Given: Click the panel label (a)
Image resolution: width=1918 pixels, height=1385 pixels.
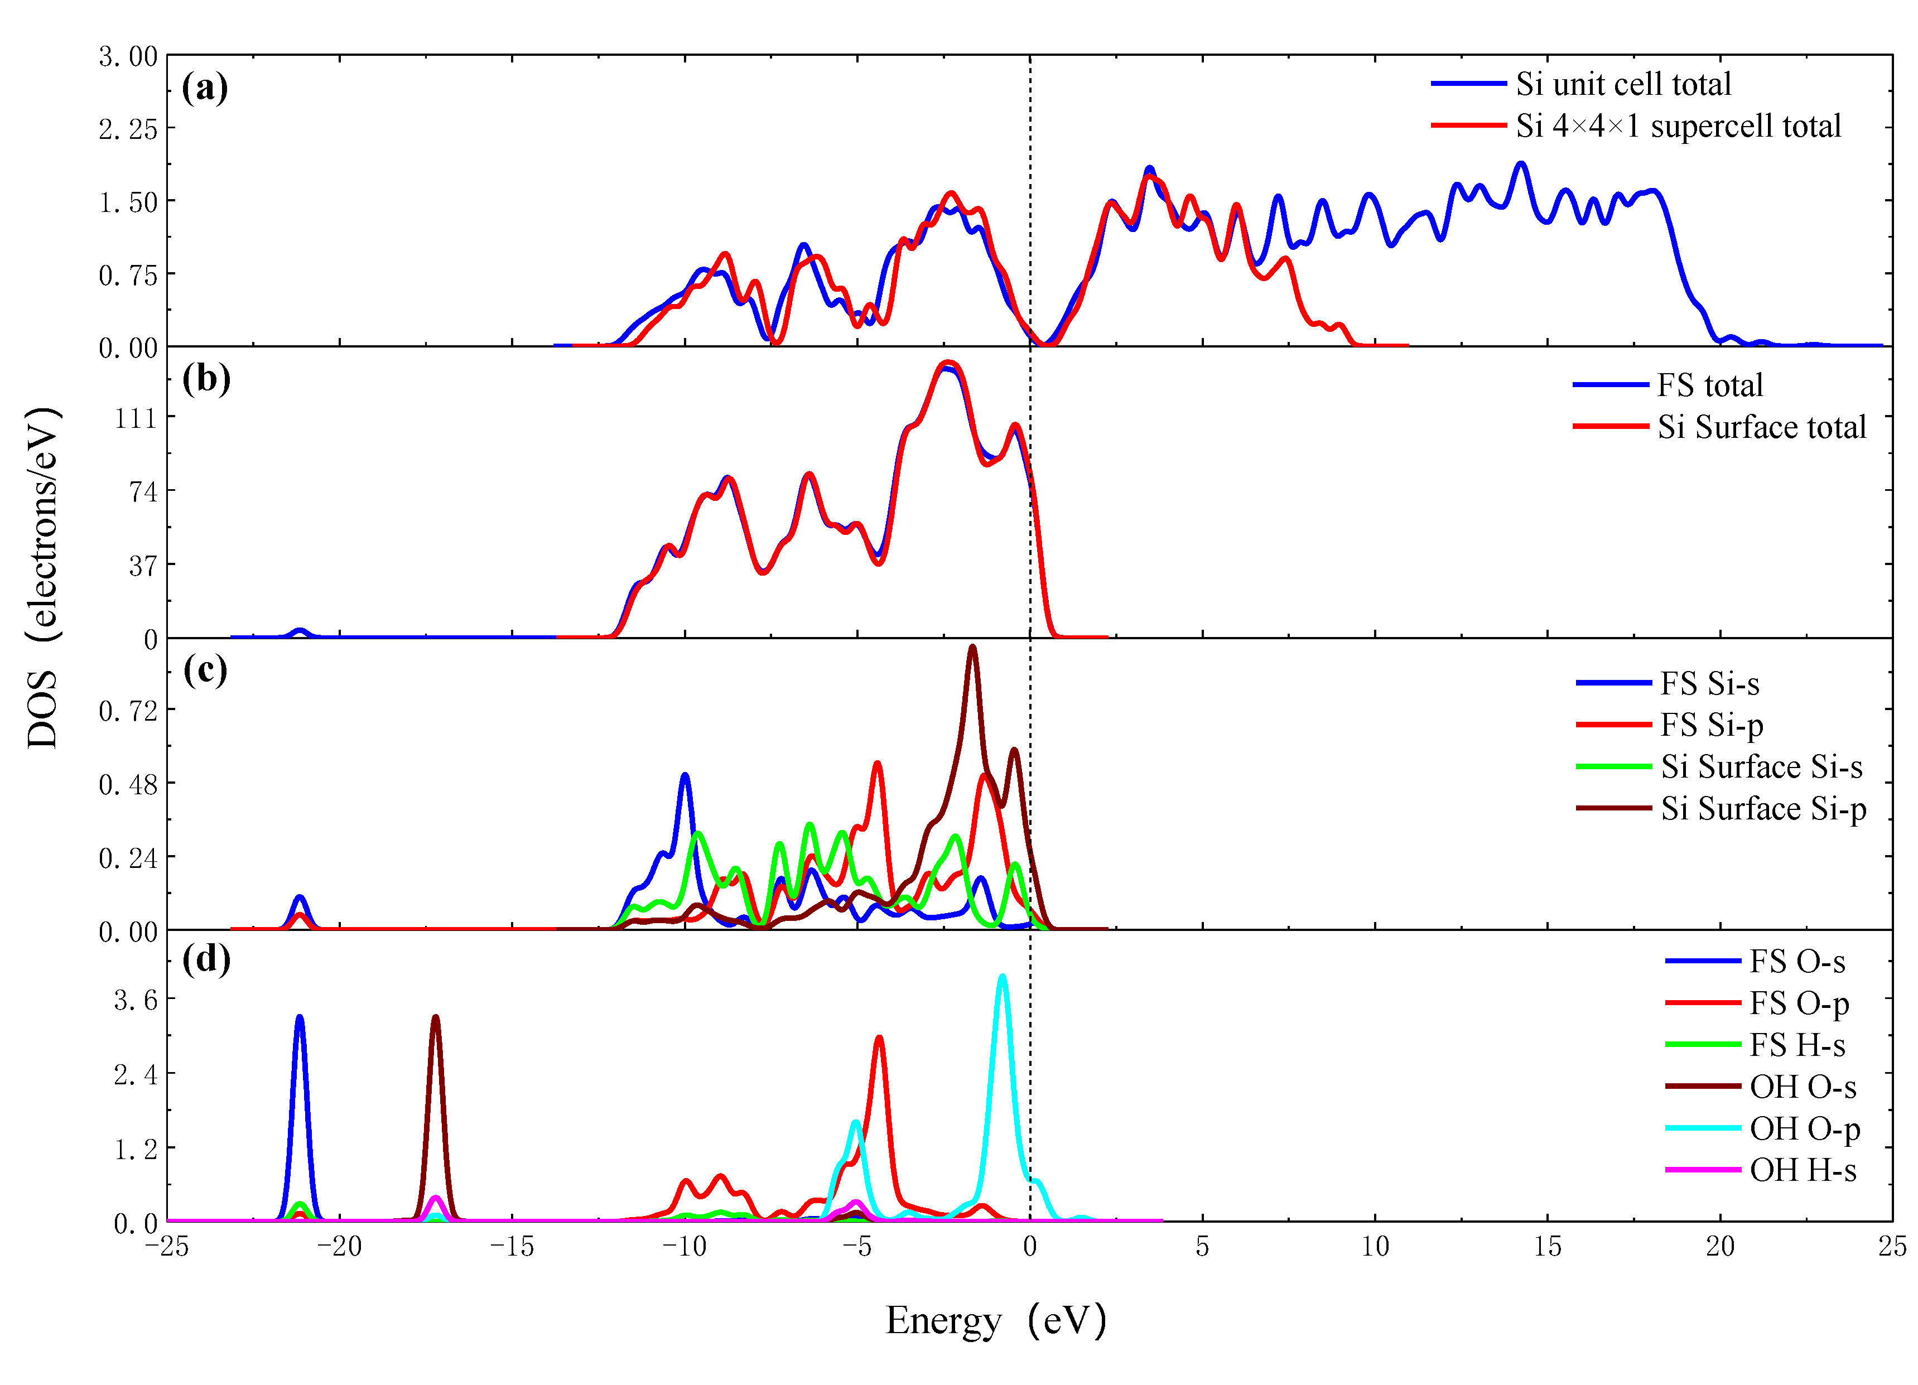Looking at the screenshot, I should [x=205, y=88].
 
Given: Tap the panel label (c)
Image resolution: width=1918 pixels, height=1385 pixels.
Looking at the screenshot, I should [x=205, y=670].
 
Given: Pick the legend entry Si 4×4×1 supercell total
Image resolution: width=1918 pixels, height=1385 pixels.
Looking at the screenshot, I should [x=1678, y=126].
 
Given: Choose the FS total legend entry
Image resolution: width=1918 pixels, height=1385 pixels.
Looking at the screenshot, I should [x=1709, y=385].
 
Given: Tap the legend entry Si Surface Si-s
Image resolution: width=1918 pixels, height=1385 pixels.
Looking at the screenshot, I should [x=1761, y=767].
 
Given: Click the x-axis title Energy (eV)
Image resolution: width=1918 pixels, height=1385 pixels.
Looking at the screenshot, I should [x=995, y=1320].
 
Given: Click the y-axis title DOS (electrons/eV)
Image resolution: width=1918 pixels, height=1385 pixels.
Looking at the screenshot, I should [x=42, y=577].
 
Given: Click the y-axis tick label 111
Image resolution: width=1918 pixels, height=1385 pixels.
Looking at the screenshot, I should [x=137, y=418].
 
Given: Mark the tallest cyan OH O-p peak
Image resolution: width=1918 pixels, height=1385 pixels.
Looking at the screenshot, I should [x=1002, y=977].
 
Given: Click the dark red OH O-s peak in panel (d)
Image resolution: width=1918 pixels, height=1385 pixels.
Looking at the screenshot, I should [x=436, y=1018].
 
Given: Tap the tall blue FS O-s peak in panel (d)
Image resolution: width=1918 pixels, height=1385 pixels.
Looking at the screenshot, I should [x=300, y=1018].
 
